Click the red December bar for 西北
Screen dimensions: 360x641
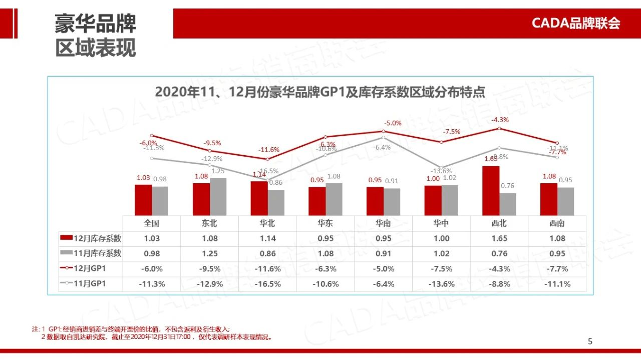pyautogui.click(x=491, y=191)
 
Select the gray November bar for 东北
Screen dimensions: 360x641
pyautogui.click(x=218, y=197)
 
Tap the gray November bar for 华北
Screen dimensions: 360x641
pyautogui.click(x=276, y=203)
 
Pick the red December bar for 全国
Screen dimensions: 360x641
pyautogui.click(x=143, y=200)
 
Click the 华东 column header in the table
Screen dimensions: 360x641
pyautogui.click(x=326, y=223)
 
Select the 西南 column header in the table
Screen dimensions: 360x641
pyautogui.click(x=557, y=223)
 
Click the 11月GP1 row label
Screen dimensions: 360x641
pyautogui.click(x=90, y=284)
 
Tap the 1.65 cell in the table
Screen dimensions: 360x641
pyautogui.click(x=499, y=238)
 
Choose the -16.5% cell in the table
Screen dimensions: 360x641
pyautogui.click(x=267, y=284)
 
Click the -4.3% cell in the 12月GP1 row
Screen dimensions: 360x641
pyautogui.click(x=499, y=269)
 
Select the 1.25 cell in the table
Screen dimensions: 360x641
pyautogui.click(x=210, y=253)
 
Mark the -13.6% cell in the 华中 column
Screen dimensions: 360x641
pyautogui.click(x=441, y=284)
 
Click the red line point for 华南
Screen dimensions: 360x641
pyautogui.click(x=383, y=132)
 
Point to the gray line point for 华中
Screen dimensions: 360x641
pyautogui.click(x=441, y=168)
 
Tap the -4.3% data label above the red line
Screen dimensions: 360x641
pyautogui.click(x=500, y=120)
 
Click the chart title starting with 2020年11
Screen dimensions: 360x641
pyautogui.click(x=320, y=92)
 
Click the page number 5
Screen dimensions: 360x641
pyautogui.click(x=590, y=341)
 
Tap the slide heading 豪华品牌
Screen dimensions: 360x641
pyautogui.click(x=95, y=24)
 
